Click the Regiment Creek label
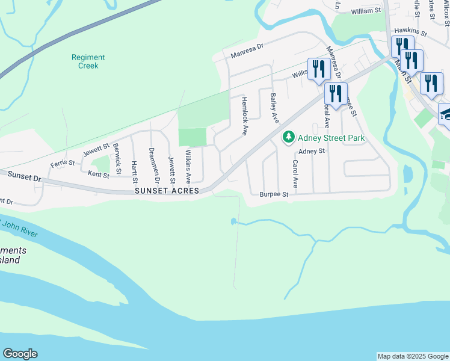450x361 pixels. [x=88, y=61]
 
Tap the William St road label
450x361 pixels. [x=366, y=11]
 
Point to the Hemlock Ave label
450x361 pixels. [x=244, y=116]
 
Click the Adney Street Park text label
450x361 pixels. [x=331, y=138]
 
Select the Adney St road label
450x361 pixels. [x=311, y=151]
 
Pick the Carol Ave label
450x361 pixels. [x=295, y=173]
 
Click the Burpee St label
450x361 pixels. [x=274, y=195]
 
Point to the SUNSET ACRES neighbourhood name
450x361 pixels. [x=167, y=191]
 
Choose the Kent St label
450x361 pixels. [x=98, y=174]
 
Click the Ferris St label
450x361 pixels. [x=62, y=163]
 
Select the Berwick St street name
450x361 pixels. [x=117, y=156]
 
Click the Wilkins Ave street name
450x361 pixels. [x=188, y=167]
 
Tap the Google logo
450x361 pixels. [x=20, y=354]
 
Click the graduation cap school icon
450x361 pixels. [x=445, y=114]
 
